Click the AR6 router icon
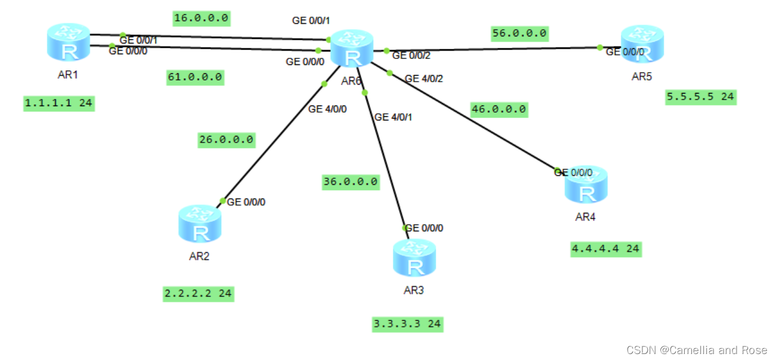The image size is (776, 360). click(x=352, y=48)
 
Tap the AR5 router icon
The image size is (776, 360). click(x=642, y=44)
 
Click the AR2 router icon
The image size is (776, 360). click(x=200, y=224)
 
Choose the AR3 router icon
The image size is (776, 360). click(x=414, y=257)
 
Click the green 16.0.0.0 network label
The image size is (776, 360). click(x=201, y=18)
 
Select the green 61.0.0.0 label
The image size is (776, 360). click(x=195, y=77)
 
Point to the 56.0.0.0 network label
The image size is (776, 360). click(x=520, y=33)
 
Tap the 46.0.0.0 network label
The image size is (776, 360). click(x=499, y=109)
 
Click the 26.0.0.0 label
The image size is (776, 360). click(x=226, y=140)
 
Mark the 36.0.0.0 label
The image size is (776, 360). click(x=350, y=181)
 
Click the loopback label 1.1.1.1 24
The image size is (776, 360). click(x=59, y=103)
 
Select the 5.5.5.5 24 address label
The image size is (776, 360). click(x=701, y=97)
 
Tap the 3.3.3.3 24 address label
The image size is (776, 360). click(x=408, y=324)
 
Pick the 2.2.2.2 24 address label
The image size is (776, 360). click(x=198, y=293)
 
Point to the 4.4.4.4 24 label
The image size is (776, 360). click(x=606, y=249)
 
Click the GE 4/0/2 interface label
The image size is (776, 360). click(x=424, y=79)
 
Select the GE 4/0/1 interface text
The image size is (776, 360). click(x=393, y=117)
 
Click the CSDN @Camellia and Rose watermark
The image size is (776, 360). click(x=697, y=350)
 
